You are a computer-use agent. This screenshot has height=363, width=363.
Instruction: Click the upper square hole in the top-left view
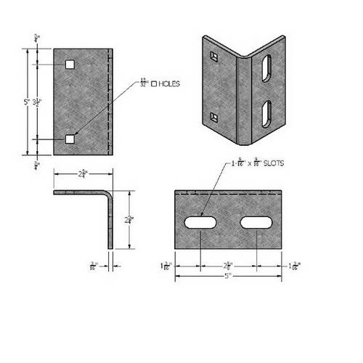tap(69, 65)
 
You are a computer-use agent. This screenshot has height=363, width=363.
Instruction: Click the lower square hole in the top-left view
tap(69, 138)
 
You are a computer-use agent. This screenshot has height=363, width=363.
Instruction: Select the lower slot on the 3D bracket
tap(266, 114)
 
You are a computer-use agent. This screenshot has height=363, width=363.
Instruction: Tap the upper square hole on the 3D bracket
tap(211, 55)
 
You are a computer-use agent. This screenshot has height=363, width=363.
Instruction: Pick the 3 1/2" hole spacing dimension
tap(38, 102)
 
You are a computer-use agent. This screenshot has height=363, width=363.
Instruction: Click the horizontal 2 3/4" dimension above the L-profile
tap(82, 174)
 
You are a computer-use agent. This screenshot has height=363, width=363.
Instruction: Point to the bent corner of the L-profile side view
tap(110, 196)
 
